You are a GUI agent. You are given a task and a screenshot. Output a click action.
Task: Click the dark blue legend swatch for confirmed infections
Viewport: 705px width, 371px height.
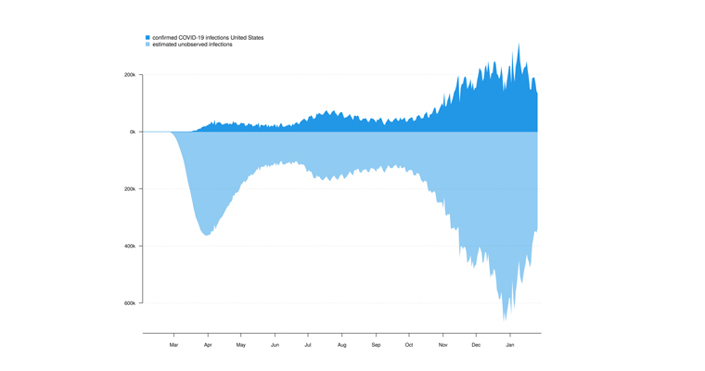(x=147, y=38)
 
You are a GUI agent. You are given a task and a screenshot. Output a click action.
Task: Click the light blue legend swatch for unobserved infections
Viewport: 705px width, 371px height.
(x=147, y=45)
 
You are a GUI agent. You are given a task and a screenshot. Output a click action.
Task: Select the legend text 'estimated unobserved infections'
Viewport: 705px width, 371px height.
(x=192, y=45)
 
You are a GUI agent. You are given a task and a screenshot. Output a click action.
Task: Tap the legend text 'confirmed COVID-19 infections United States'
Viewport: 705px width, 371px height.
(x=208, y=38)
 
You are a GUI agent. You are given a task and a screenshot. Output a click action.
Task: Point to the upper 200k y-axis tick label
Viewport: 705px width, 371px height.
(x=130, y=75)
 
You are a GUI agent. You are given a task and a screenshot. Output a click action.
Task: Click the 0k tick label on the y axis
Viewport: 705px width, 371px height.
(x=133, y=132)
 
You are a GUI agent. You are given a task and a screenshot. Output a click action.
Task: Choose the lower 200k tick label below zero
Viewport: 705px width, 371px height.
(x=130, y=189)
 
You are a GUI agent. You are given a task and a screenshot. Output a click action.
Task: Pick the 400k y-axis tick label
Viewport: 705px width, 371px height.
(x=130, y=246)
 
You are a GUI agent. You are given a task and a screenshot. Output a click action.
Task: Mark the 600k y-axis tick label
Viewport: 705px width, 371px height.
(x=130, y=303)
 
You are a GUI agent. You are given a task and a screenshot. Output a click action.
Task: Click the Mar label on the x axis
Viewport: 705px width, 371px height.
(x=173, y=345)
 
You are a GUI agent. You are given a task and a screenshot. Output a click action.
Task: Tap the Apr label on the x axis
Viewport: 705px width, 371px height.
(x=208, y=345)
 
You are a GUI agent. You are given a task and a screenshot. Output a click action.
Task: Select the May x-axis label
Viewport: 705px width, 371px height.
(x=241, y=345)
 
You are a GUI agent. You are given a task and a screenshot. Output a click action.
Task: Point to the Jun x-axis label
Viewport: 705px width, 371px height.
(x=275, y=345)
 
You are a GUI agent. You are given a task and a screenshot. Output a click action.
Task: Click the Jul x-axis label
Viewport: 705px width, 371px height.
(x=308, y=345)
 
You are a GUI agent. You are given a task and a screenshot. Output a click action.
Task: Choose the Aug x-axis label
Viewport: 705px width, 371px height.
(x=341, y=345)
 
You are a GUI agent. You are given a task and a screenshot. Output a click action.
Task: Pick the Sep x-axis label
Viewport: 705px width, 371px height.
(x=376, y=345)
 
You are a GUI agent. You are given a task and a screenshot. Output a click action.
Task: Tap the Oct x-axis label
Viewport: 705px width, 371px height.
(x=409, y=345)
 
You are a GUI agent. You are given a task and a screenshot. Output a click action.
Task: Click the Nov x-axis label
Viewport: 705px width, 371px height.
(x=442, y=345)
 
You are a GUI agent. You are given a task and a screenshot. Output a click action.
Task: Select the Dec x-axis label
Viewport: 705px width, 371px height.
(x=476, y=345)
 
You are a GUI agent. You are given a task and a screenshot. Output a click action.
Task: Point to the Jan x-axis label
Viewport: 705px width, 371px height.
(x=510, y=345)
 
